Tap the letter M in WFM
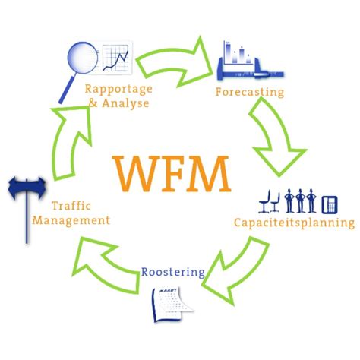pyautogui.click(x=209, y=173)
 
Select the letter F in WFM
pyautogui.click(x=172, y=173)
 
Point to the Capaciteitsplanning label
pyautogui.click(x=293, y=223)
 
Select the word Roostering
pyautogui.click(x=172, y=271)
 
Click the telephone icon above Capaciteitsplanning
pyautogui.click(x=330, y=204)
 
